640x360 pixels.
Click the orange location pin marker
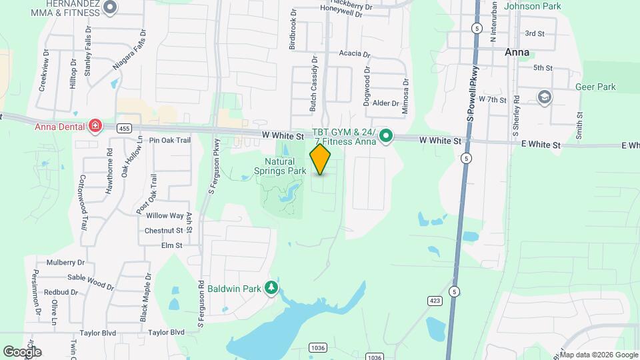[x=321, y=159]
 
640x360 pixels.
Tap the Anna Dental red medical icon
[x=95, y=126]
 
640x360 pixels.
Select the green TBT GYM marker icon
[x=385, y=137]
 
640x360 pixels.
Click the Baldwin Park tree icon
[x=271, y=288]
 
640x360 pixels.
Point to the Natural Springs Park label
[x=281, y=166]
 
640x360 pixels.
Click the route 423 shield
[x=435, y=301]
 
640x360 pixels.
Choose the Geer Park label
[x=597, y=87]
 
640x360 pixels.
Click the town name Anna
[x=517, y=52]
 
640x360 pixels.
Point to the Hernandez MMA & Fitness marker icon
[x=111, y=7]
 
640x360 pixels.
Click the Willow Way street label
[x=165, y=215]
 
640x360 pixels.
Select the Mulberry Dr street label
[x=65, y=263]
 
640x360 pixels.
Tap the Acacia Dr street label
[x=354, y=53]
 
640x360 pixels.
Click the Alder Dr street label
[x=385, y=103]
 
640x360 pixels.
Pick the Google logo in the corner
[x=22, y=351]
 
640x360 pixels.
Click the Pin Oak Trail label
[x=170, y=140]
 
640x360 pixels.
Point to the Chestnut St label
[x=164, y=231]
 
